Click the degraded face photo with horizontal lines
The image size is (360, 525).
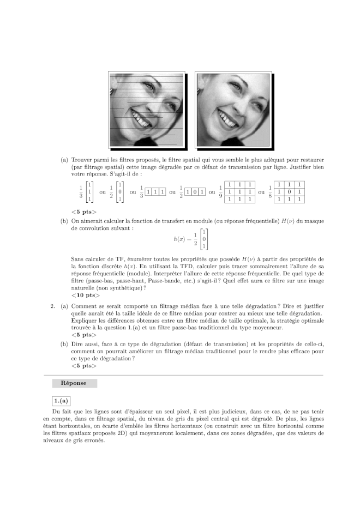pos(146,109)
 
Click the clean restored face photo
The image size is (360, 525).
pos(233,109)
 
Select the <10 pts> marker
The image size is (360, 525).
pos(86,295)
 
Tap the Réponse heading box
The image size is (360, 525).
pos(74,383)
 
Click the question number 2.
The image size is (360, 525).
pos(53,306)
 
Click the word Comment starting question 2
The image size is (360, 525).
pos(85,306)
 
